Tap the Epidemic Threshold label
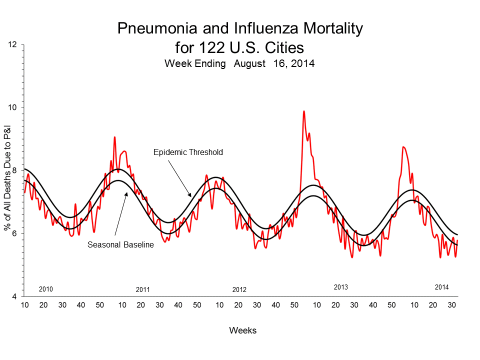[x=187, y=152]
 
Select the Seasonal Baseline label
[x=120, y=245]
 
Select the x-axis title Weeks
[x=242, y=330]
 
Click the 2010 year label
[x=46, y=289]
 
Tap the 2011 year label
[x=143, y=289]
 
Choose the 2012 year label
[x=239, y=289]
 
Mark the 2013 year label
[x=340, y=287]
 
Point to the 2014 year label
[x=441, y=287]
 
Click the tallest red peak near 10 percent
[x=303, y=111]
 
